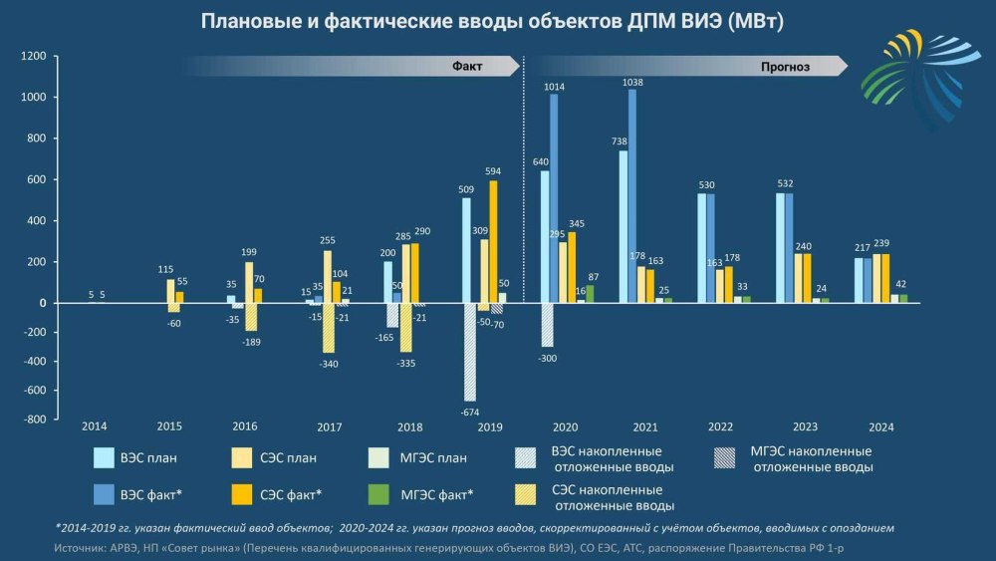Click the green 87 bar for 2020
(590, 293)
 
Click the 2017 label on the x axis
(330, 427)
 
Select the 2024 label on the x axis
(880, 427)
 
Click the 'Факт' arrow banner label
(467, 67)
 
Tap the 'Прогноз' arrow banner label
(785, 67)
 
